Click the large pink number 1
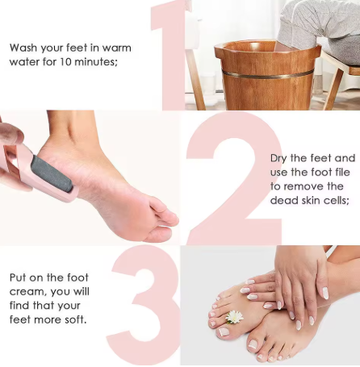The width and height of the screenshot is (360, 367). click(x=170, y=56)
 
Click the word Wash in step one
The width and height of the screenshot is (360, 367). click(x=24, y=48)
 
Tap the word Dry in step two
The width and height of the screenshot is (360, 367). click(x=279, y=157)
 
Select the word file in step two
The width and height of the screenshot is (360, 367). click(x=340, y=172)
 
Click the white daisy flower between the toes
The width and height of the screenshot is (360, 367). click(x=234, y=316)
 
